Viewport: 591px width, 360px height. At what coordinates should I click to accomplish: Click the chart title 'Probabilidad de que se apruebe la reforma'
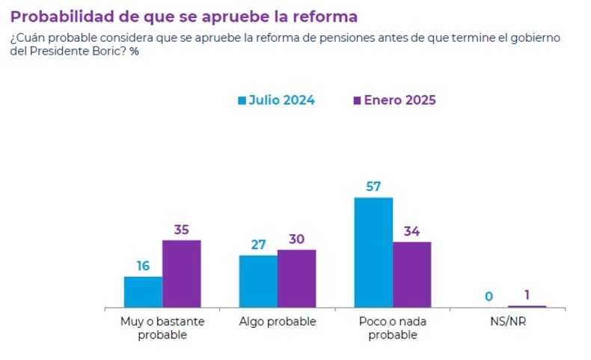click(x=184, y=16)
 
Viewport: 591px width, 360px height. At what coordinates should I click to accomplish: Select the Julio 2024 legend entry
click(x=276, y=100)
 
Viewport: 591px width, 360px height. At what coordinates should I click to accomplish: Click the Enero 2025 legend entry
click(x=394, y=100)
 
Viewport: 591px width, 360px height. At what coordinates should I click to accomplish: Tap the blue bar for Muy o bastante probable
click(x=143, y=292)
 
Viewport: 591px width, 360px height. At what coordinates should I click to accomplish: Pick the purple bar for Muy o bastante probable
click(x=181, y=274)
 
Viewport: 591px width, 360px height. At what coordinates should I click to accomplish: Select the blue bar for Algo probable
click(x=258, y=281)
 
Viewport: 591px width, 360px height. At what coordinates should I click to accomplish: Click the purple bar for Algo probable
click(x=296, y=278)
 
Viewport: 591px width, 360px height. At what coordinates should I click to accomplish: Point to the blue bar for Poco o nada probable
click(x=373, y=252)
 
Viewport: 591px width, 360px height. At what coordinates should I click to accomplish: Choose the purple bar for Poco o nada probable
click(x=411, y=275)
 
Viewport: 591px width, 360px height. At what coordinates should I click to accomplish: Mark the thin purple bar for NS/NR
click(x=527, y=306)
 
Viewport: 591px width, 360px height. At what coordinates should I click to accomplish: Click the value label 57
click(x=373, y=186)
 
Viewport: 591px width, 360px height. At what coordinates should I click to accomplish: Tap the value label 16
click(x=143, y=265)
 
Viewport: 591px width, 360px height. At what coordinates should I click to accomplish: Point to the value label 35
click(x=181, y=230)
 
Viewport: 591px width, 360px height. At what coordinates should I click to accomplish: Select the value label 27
click(x=258, y=244)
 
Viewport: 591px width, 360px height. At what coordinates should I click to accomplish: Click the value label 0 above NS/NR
click(x=489, y=296)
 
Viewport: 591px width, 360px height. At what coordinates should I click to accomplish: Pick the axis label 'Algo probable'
click(x=278, y=322)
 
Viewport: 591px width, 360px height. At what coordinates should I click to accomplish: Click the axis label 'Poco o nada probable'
click(x=392, y=329)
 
